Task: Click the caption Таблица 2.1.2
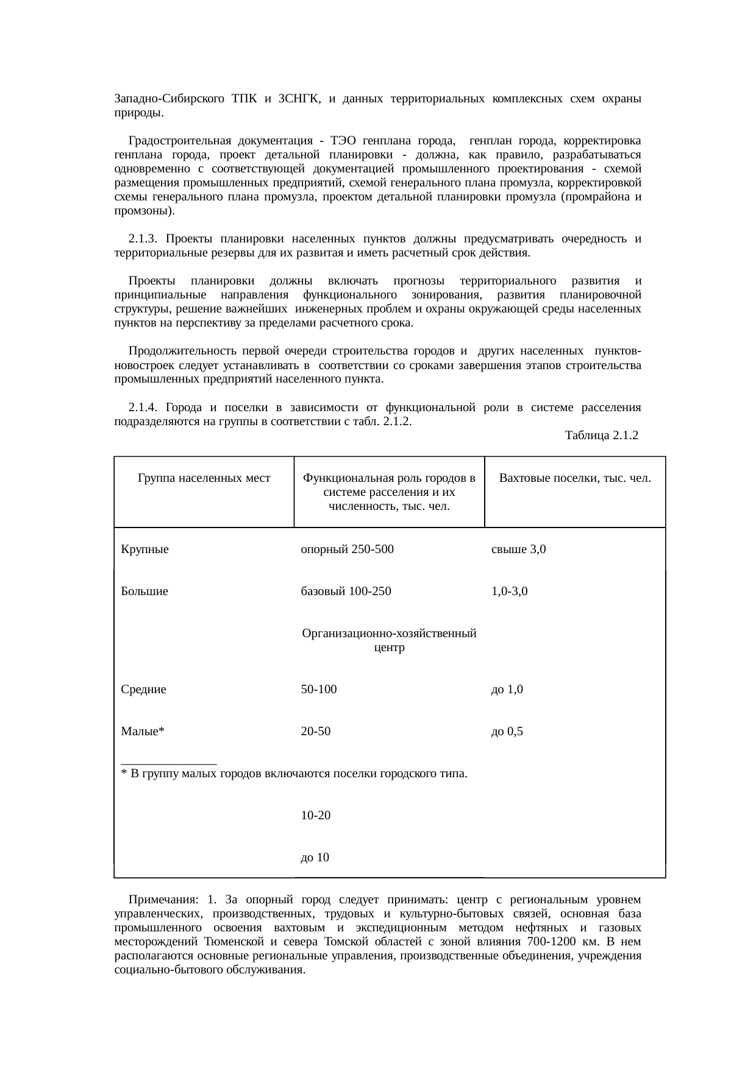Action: tap(601, 436)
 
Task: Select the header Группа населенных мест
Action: tap(204, 478)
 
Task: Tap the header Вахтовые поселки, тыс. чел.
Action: tap(575, 478)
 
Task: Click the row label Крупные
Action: tap(145, 549)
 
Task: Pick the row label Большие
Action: tap(144, 591)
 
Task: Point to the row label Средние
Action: tap(144, 690)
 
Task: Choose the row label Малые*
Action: tap(143, 732)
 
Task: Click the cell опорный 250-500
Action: tap(348, 549)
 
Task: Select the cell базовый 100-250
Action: tap(346, 591)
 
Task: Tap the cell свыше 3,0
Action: tap(519, 549)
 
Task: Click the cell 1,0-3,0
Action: tap(510, 591)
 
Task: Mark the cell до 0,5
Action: tap(507, 732)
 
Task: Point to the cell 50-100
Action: tap(319, 690)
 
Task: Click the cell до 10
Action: tap(315, 858)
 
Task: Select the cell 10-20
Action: tap(316, 815)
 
